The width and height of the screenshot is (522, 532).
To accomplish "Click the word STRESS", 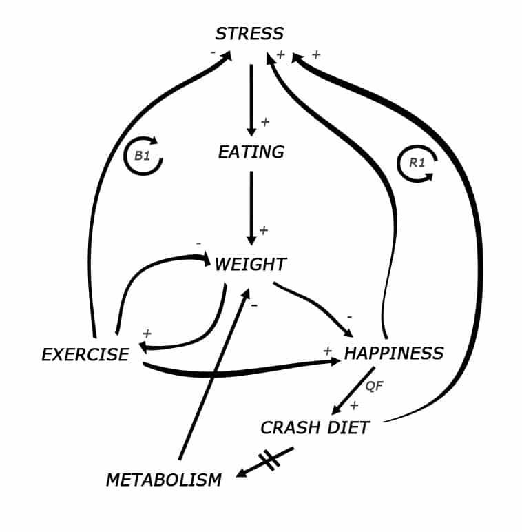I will [x=249, y=33].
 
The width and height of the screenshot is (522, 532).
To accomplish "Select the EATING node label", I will [x=251, y=152].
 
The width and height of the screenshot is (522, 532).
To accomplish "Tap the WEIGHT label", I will [x=250, y=265].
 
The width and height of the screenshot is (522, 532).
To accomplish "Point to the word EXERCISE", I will [x=85, y=355].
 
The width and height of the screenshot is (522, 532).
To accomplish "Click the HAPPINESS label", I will [x=393, y=354].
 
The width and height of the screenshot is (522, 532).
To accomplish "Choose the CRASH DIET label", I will [x=315, y=428].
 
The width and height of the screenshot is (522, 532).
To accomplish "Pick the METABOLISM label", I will [x=164, y=480].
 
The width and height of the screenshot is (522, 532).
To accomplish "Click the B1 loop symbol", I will [x=143, y=156].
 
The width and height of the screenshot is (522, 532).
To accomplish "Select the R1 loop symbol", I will [x=417, y=164].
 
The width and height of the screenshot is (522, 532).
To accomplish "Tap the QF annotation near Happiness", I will [x=373, y=387].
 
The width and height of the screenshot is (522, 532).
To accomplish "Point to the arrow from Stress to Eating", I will [x=251, y=100].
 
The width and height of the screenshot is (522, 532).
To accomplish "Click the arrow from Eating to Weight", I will [x=251, y=207].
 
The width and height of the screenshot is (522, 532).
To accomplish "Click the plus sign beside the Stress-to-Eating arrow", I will [x=265, y=123].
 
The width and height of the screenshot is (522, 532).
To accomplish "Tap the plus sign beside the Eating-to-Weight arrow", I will [x=263, y=230].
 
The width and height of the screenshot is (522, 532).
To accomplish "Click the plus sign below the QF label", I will [x=354, y=405].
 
